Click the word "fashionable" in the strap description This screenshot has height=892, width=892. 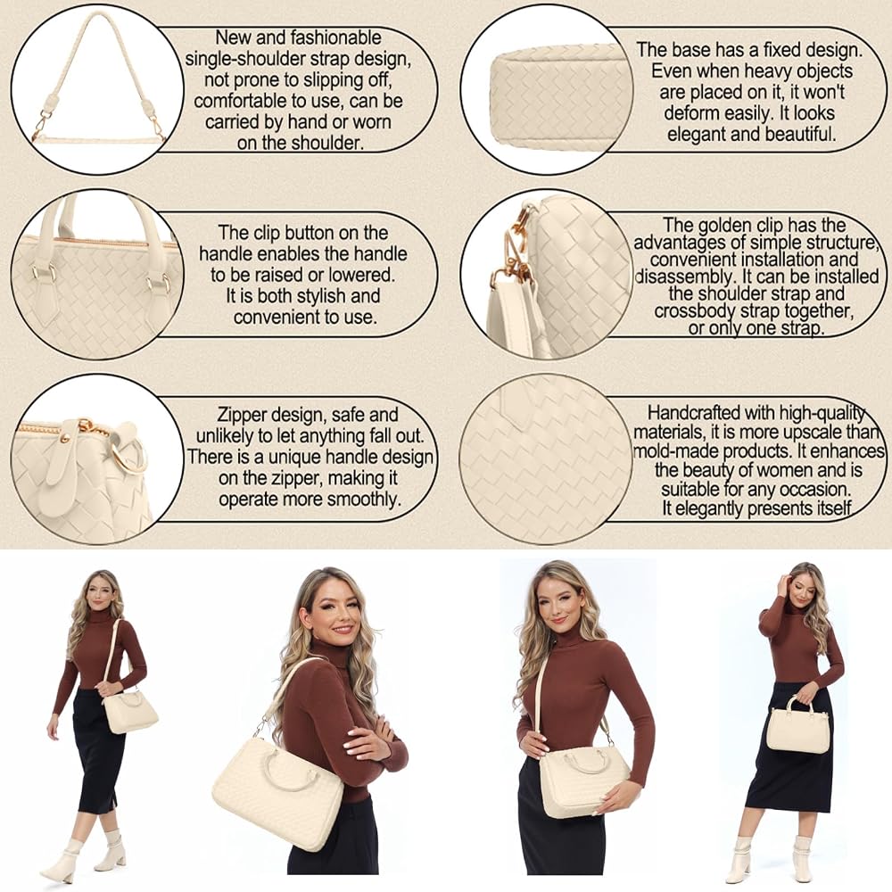click(x=335, y=37)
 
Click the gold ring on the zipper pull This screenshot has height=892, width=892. click(x=128, y=454)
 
